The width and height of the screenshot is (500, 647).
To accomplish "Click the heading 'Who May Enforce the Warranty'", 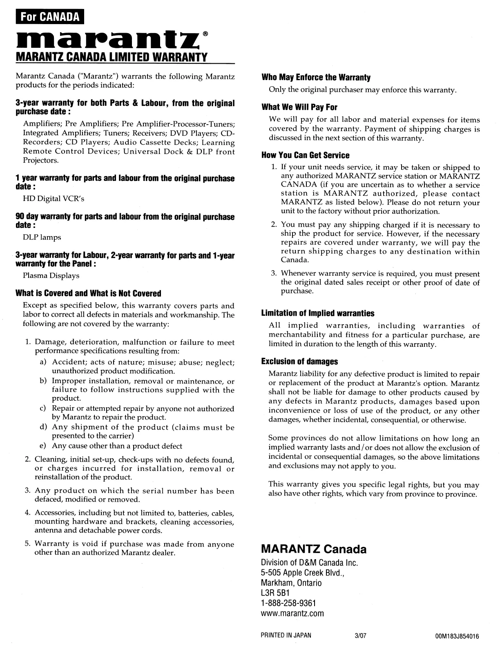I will (316, 78).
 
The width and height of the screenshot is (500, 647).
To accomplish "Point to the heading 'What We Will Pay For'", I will (299, 107).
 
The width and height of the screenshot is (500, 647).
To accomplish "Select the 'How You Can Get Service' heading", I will (306, 155).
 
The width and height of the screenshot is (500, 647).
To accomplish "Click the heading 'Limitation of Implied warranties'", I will (318, 313).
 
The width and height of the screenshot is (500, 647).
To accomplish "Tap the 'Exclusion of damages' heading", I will (299, 361).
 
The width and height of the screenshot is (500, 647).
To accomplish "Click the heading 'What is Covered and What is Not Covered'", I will (88, 293).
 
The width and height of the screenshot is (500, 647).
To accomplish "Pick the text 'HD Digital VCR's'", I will (54, 199).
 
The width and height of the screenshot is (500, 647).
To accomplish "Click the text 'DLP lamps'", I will (42, 237).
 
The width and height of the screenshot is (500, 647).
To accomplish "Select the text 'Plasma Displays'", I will (51, 276).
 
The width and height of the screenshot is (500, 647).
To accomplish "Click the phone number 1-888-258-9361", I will (289, 603).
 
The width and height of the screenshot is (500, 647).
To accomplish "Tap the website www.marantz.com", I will (292, 613).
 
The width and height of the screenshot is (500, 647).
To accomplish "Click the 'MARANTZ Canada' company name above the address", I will (314, 549).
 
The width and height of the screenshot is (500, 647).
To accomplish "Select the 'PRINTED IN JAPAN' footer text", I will (286, 635).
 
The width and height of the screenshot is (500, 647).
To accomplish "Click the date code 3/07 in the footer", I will (362, 635).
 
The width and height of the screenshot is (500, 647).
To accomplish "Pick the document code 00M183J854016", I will (458, 636).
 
